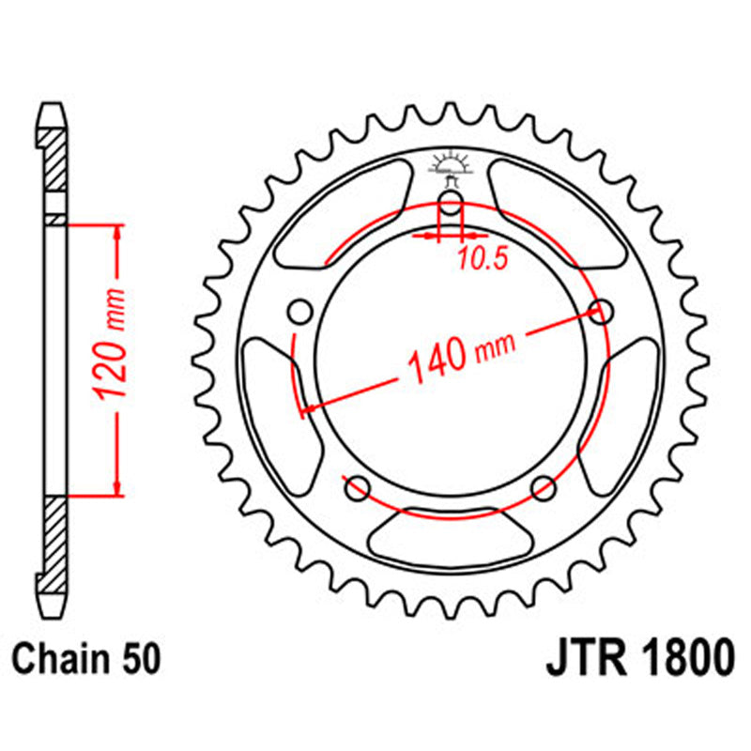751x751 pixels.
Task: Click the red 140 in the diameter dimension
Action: point(436,359)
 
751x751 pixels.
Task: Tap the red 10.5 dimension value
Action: point(483,260)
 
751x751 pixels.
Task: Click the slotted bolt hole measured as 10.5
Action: point(451,208)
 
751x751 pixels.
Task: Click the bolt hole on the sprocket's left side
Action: point(300,311)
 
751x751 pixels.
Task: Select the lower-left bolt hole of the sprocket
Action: point(356,487)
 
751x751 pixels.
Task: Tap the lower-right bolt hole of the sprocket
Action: point(544,487)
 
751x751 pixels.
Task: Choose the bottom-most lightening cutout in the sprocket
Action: point(451,535)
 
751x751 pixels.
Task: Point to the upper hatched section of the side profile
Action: point(56,155)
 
